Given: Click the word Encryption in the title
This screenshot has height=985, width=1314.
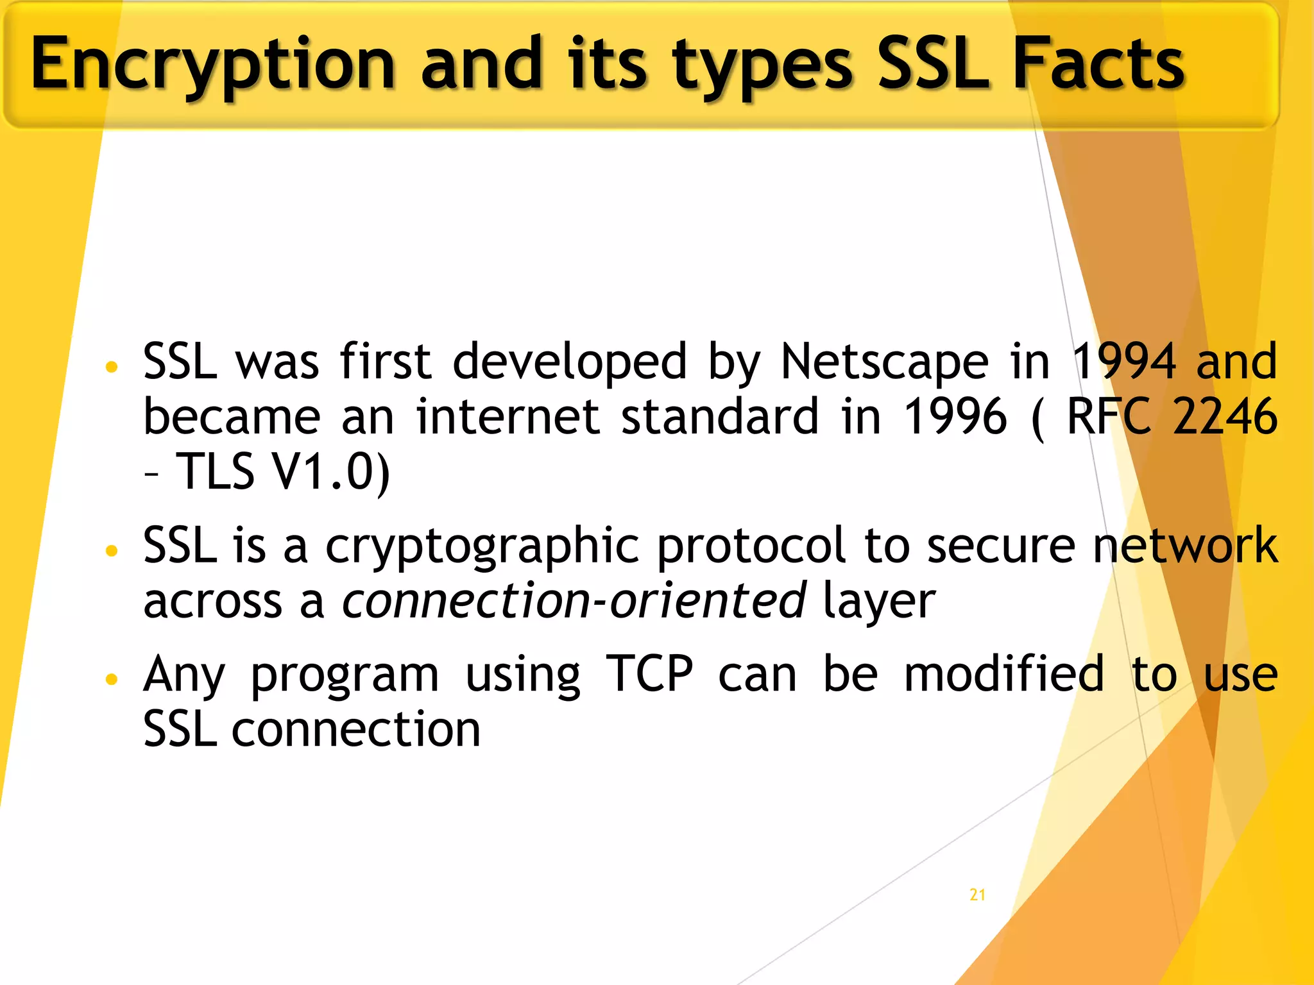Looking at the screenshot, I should tap(212, 64).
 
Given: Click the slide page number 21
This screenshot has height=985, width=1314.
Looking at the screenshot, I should tap(977, 895).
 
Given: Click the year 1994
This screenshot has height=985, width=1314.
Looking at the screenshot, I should tap(1124, 362).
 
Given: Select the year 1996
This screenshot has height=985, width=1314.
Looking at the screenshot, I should tap(955, 417).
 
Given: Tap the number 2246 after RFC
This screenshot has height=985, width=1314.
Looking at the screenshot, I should tap(1225, 417).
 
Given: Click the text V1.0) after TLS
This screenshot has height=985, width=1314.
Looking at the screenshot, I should tap(330, 472).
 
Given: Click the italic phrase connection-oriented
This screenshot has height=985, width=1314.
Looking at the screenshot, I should tap(574, 601).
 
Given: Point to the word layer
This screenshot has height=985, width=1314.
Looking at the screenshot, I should tap(878, 602).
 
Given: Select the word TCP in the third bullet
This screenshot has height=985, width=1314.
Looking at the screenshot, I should tap(649, 674).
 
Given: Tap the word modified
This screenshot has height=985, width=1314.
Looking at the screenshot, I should tap(1004, 674).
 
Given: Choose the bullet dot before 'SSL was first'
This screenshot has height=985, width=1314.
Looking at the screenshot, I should tap(112, 367).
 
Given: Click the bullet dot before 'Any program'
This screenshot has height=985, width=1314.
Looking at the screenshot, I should tap(112, 678).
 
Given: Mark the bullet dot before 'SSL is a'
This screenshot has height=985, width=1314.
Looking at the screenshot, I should tap(112, 550).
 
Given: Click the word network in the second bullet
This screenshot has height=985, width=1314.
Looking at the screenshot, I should tap(1185, 546).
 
